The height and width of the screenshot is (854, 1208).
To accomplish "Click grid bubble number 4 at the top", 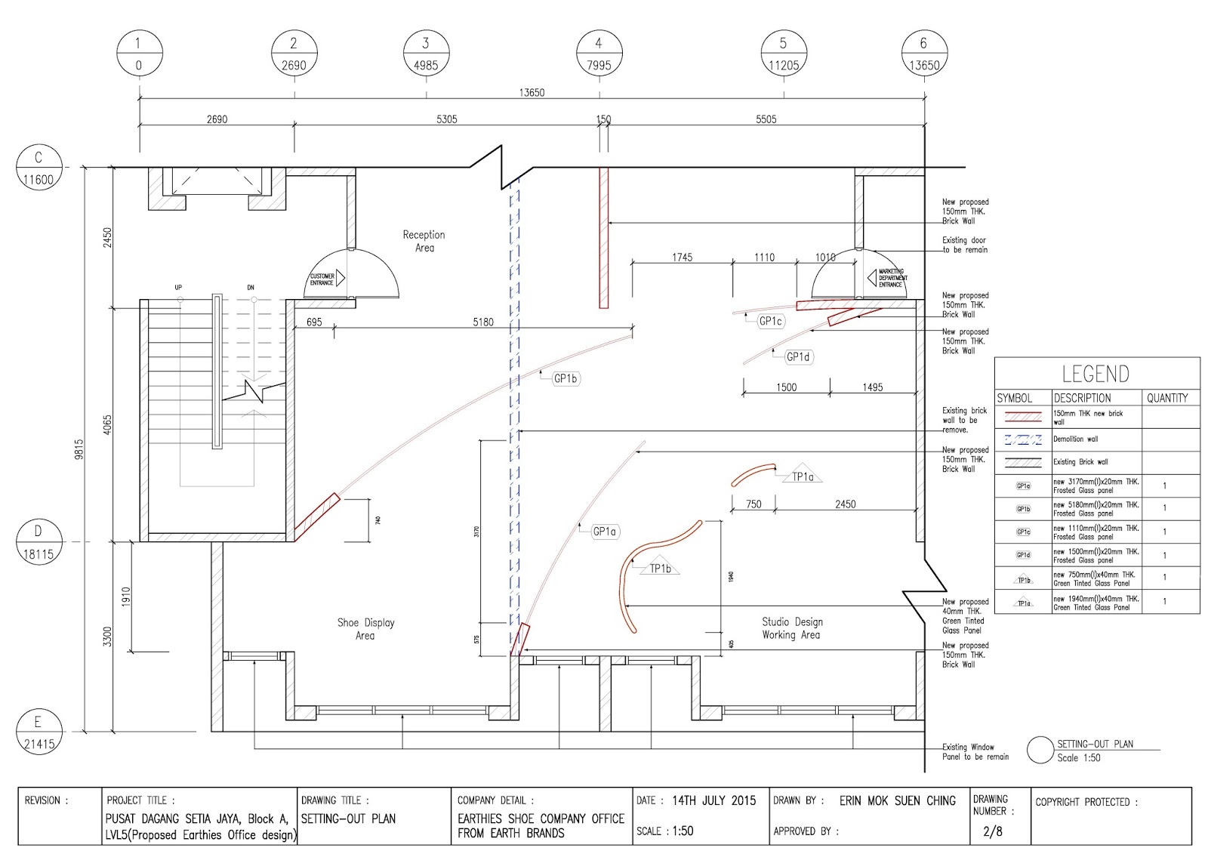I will (x=599, y=54).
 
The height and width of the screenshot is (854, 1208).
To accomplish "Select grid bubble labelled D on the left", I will (x=39, y=542).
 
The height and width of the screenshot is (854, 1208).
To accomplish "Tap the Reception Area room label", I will (x=424, y=241).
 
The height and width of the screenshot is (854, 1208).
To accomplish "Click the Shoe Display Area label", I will (x=365, y=629).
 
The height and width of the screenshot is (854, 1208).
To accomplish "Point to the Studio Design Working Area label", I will (x=791, y=628).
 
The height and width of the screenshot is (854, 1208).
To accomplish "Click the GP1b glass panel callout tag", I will (x=565, y=378).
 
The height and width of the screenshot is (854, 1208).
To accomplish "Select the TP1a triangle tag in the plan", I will (x=803, y=476).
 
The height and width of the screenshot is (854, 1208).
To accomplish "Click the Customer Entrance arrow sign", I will (x=326, y=279).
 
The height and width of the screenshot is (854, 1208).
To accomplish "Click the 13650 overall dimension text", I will (x=532, y=93).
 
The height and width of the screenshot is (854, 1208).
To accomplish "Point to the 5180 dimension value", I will (x=483, y=322).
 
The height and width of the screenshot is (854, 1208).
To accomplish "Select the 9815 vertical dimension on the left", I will (x=79, y=449).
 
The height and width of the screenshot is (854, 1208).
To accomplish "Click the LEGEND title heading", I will (x=1096, y=374).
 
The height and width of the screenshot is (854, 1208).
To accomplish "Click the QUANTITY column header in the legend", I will (x=1167, y=398).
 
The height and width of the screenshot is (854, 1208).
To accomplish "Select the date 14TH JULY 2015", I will (x=713, y=800).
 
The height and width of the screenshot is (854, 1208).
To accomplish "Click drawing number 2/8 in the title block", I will (x=992, y=831).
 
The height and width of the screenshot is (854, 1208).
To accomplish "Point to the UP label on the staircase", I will (x=178, y=288).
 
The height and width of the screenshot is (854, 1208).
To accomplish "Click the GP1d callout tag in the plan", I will (x=798, y=356).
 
